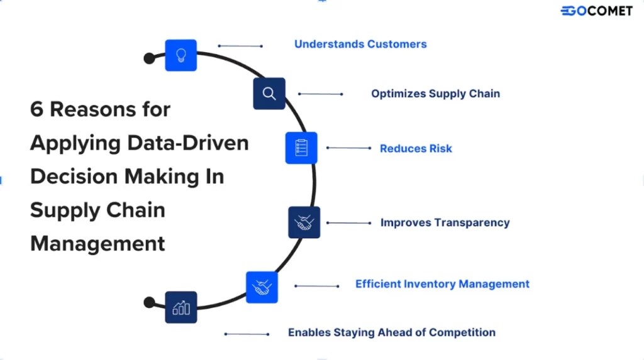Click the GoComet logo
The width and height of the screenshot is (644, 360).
596,10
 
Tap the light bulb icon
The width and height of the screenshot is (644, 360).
181,55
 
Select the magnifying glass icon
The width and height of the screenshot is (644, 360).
269,94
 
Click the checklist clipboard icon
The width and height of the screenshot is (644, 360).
301,148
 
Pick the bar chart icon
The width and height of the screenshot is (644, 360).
181,307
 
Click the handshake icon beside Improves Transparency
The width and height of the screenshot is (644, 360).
304,222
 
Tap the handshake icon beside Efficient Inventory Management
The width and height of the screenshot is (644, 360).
262,287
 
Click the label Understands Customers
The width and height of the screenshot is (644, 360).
360,44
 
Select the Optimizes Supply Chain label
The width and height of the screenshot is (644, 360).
435,94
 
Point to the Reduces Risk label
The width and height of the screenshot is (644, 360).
416,149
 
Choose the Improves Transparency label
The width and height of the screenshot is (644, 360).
445,222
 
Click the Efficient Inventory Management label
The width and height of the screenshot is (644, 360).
442,284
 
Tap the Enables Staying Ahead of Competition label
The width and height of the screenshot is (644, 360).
391,332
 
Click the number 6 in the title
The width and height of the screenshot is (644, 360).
36,109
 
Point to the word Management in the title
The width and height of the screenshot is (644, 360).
97,243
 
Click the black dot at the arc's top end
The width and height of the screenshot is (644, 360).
149,58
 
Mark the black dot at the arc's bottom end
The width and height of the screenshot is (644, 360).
149,302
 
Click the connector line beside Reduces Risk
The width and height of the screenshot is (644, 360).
348,148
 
